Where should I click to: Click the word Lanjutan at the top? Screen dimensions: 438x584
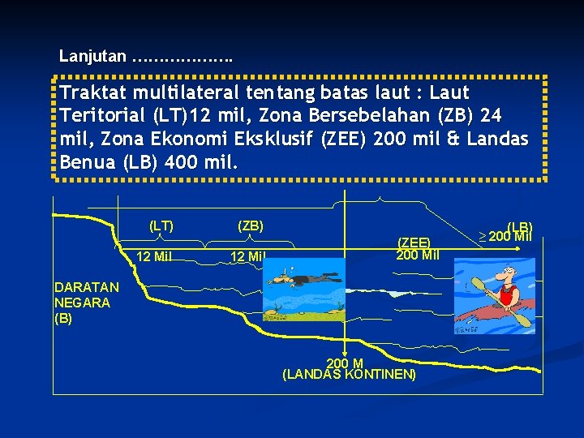[x=92, y=57]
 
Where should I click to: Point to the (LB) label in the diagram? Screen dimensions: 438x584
[x=519, y=226]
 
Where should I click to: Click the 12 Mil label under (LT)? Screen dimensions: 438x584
[x=153, y=257]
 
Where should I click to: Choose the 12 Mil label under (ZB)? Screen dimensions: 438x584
[x=247, y=257]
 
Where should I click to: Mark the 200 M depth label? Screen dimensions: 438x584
[x=344, y=363]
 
